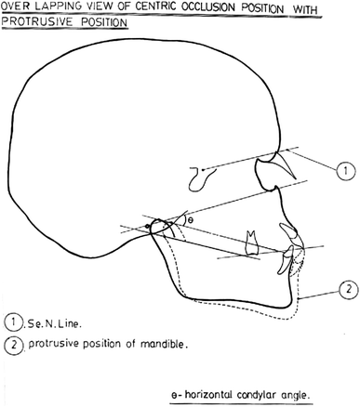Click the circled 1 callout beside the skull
343,171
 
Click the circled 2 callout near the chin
343,289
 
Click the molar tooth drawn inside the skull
249,241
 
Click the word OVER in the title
16,7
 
